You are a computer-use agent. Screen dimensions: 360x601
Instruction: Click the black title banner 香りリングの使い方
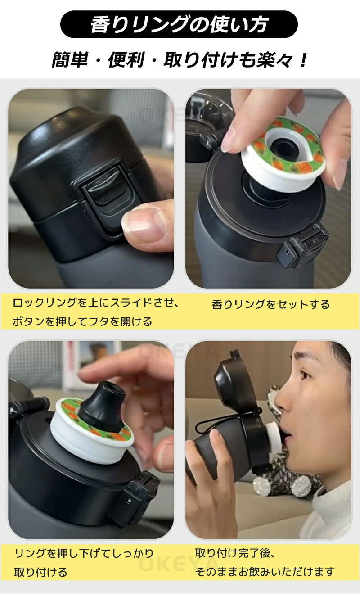coord(179,24)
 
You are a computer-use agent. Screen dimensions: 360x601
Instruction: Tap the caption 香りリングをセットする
coord(270,304)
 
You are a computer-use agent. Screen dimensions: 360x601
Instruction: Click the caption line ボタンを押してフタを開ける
coord(82,321)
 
